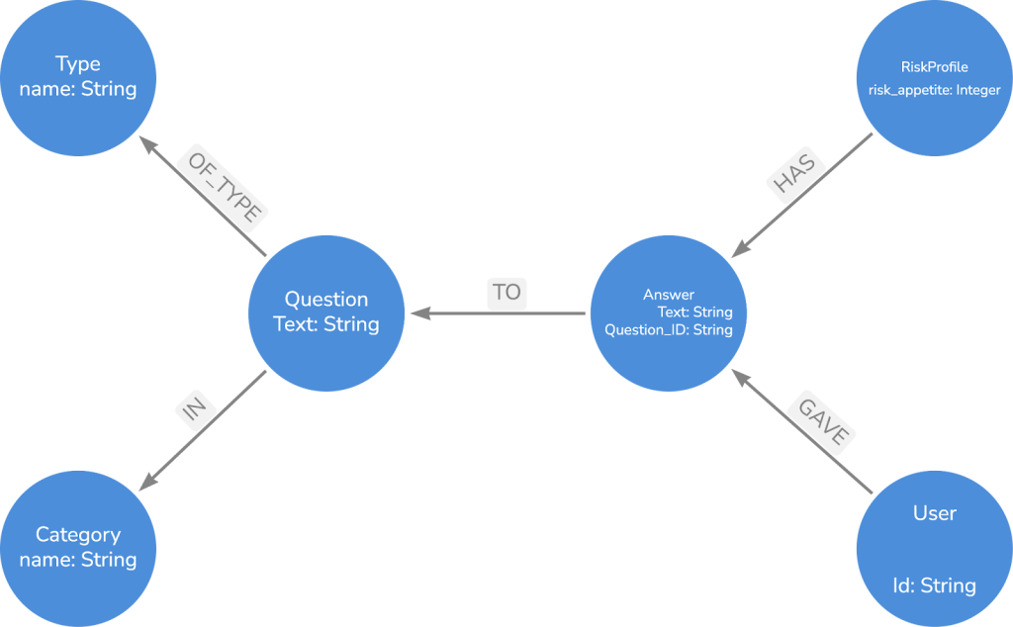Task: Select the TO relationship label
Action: [x=506, y=293]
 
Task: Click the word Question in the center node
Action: [x=326, y=299]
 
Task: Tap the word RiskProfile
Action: [x=934, y=67]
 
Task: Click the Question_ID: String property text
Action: [x=669, y=330]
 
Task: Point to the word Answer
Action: [x=669, y=295]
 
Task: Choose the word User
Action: [x=934, y=513]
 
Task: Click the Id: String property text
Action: [x=934, y=585]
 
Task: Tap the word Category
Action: [x=78, y=535]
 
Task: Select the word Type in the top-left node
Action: [x=78, y=64]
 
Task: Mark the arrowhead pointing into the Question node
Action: [x=417, y=313]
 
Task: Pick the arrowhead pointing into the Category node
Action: [x=144, y=484]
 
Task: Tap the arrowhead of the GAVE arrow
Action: [x=737, y=374]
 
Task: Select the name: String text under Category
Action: [x=78, y=560]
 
